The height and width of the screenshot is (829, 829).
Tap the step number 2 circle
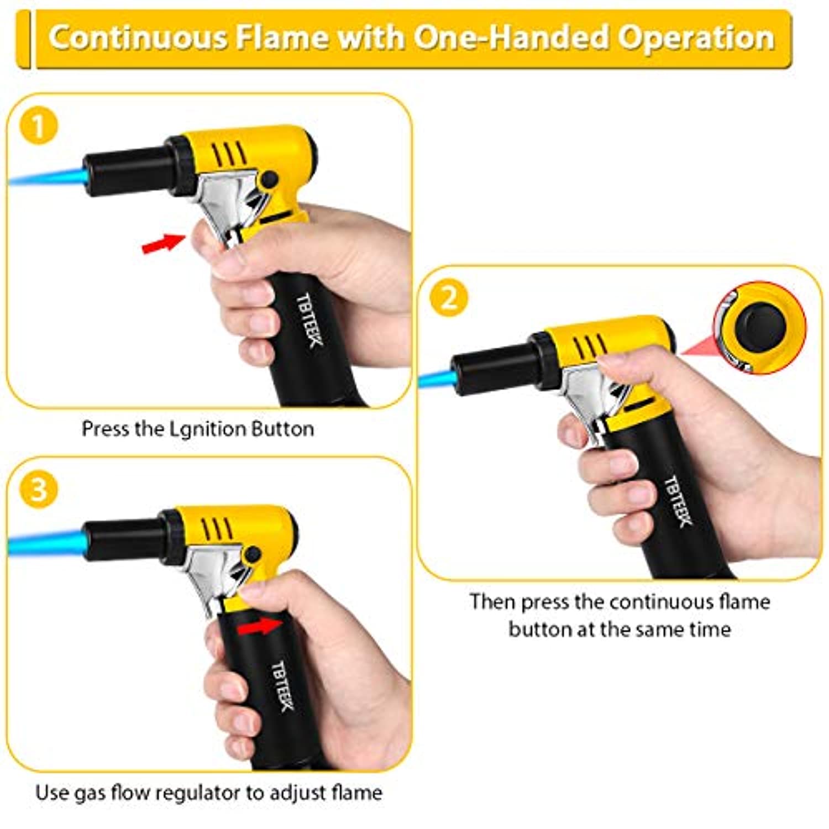[x=449, y=298]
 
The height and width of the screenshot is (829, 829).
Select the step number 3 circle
[x=39, y=490]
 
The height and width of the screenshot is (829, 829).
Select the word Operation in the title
[x=696, y=39]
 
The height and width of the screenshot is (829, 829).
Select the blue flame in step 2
[x=437, y=379]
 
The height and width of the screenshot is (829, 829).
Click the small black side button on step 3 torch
[x=253, y=554]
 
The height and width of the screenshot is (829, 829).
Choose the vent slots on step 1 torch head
[x=229, y=153]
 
